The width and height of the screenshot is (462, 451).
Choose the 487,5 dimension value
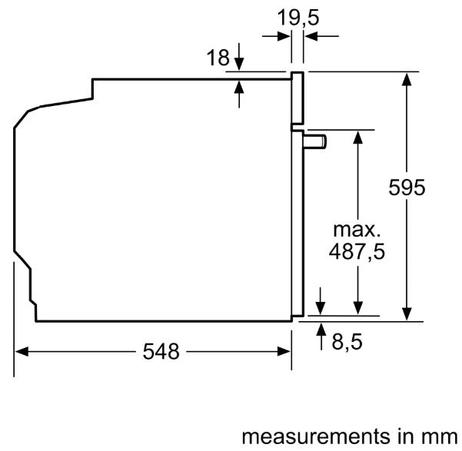coord(357,251)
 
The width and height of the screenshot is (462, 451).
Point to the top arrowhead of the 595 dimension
coord(406,78)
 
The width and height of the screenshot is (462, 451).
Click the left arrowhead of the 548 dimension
coord(22,352)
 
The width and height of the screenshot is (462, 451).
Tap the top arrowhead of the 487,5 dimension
coord(357,135)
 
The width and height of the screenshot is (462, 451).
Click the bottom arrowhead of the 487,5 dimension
coord(357,309)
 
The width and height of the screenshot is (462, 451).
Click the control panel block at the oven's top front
coord(297,98)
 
